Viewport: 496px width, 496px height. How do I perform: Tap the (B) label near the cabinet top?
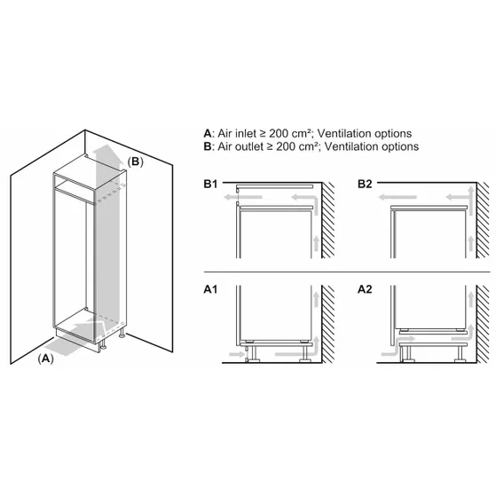134,161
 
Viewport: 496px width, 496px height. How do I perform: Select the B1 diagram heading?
211,185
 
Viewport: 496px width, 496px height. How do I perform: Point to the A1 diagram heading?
211,289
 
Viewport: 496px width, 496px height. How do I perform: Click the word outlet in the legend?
254,146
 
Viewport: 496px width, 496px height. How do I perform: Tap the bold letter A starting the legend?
207,132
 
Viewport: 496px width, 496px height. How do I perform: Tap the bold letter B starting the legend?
207,146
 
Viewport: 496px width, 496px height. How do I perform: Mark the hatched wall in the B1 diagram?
327,222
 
